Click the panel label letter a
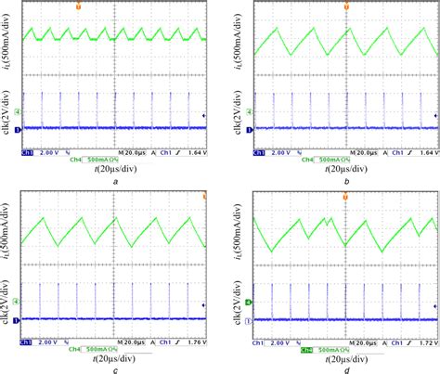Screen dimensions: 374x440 point(113,183)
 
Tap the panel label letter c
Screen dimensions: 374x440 point(113,369)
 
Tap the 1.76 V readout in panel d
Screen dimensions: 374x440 point(421,338)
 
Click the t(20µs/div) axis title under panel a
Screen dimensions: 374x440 point(112,170)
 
